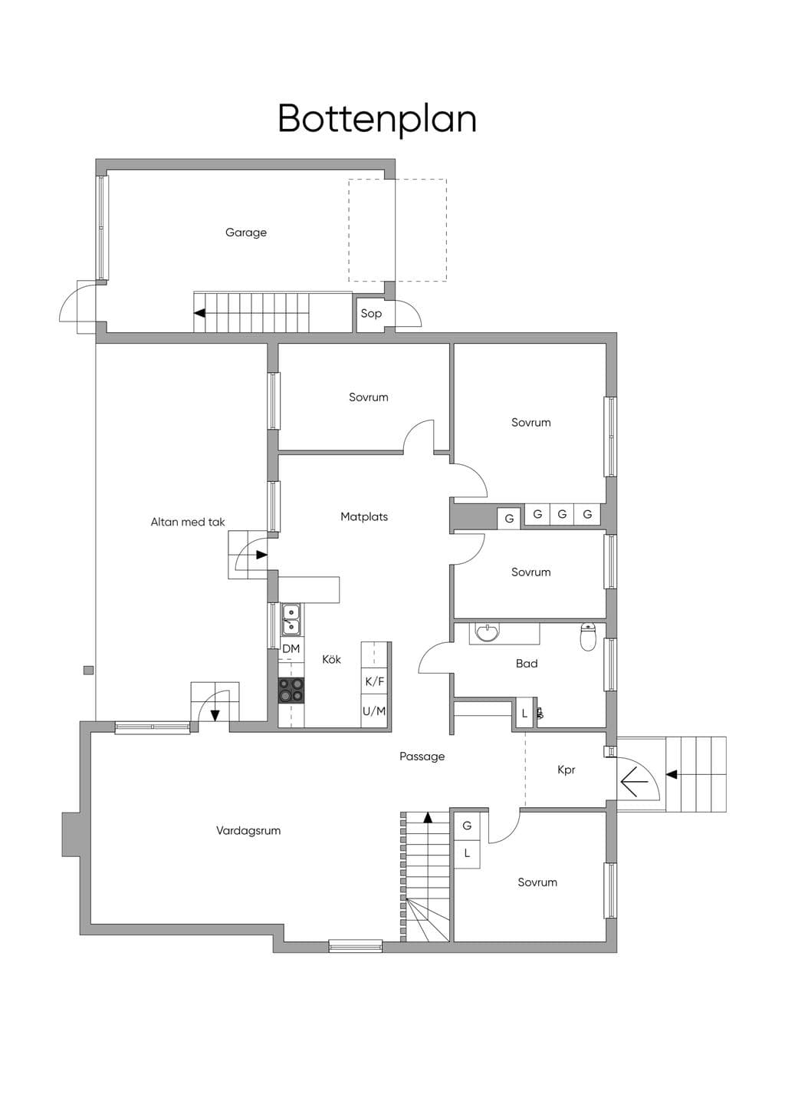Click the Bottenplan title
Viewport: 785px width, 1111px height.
tap(377, 119)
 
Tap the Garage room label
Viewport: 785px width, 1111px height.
tap(246, 232)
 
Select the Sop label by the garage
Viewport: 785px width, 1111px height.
tap(371, 314)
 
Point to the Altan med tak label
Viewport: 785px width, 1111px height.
tap(188, 522)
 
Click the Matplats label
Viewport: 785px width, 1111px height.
tap(364, 517)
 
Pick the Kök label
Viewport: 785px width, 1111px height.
tap(331, 659)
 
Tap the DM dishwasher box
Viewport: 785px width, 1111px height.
tap(291, 649)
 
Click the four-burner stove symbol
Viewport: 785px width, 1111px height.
tap(291, 691)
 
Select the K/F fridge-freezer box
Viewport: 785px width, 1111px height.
tap(375, 681)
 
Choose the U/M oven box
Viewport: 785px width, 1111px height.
tap(374, 711)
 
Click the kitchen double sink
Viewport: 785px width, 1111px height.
tap(291, 619)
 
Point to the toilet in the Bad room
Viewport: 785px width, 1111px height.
tap(588, 637)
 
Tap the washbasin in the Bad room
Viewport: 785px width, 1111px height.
tap(488, 632)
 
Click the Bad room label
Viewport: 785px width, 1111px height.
tap(527, 664)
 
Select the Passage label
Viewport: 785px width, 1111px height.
tap(422, 757)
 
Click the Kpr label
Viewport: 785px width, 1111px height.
tap(567, 770)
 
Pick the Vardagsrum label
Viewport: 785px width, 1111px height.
tap(248, 830)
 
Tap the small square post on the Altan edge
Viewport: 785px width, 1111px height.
tap(89, 671)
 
